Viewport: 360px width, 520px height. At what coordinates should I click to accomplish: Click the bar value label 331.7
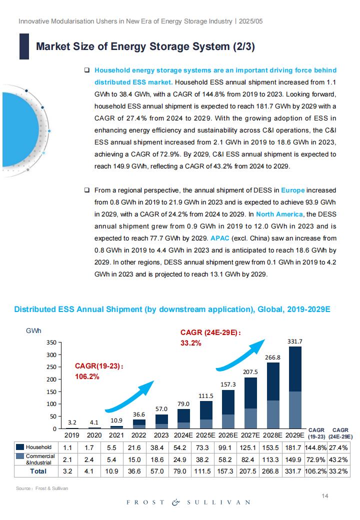[294, 341]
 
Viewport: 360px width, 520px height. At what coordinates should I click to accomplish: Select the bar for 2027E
[250, 403]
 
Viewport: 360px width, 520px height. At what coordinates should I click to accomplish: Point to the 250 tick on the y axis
[51, 367]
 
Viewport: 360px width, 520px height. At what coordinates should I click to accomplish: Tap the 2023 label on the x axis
[161, 435]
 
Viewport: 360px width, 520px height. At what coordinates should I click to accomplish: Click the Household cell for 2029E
[293, 447]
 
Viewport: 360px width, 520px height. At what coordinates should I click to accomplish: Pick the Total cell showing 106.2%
[315, 471]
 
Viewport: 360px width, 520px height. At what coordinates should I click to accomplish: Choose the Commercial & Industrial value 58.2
[225, 459]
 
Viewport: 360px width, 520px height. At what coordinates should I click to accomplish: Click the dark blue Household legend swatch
[20, 447]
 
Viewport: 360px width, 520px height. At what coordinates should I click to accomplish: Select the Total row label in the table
[38, 471]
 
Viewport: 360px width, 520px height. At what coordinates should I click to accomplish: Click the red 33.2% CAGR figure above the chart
[190, 343]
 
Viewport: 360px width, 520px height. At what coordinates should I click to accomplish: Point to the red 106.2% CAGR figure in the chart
[87, 376]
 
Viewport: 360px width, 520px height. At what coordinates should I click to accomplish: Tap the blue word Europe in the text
[292, 190]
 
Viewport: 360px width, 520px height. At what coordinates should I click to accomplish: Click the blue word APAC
[220, 238]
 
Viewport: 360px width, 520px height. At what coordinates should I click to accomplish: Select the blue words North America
[279, 214]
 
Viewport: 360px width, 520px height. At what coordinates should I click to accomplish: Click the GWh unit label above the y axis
[33, 330]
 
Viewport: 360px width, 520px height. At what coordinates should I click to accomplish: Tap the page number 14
[325, 496]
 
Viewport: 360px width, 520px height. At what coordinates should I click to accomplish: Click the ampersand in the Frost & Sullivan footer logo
[175, 502]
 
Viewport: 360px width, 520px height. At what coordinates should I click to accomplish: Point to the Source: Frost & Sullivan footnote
[42, 488]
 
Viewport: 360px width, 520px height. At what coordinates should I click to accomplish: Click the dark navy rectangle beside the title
[24, 46]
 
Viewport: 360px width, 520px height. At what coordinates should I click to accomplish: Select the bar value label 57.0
[161, 409]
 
